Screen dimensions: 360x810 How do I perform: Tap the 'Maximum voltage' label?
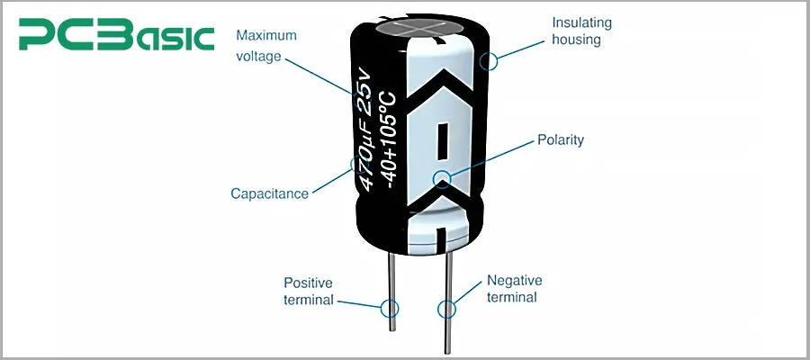pos(266,46)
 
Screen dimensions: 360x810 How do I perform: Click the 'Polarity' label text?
pos(561,139)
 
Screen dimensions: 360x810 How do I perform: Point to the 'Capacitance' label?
pos(269,193)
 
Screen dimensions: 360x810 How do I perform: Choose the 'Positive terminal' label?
pos(309,290)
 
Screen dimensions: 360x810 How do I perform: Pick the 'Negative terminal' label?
pos(512,288)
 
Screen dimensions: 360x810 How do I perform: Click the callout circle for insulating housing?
pos(490,61)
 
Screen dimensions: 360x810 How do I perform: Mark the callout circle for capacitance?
pos(357,166)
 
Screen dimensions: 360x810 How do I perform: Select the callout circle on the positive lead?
pos(390,308)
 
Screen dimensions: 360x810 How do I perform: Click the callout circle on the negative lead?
pos(445,310)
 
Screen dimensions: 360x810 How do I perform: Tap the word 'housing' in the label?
pos(576,40)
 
